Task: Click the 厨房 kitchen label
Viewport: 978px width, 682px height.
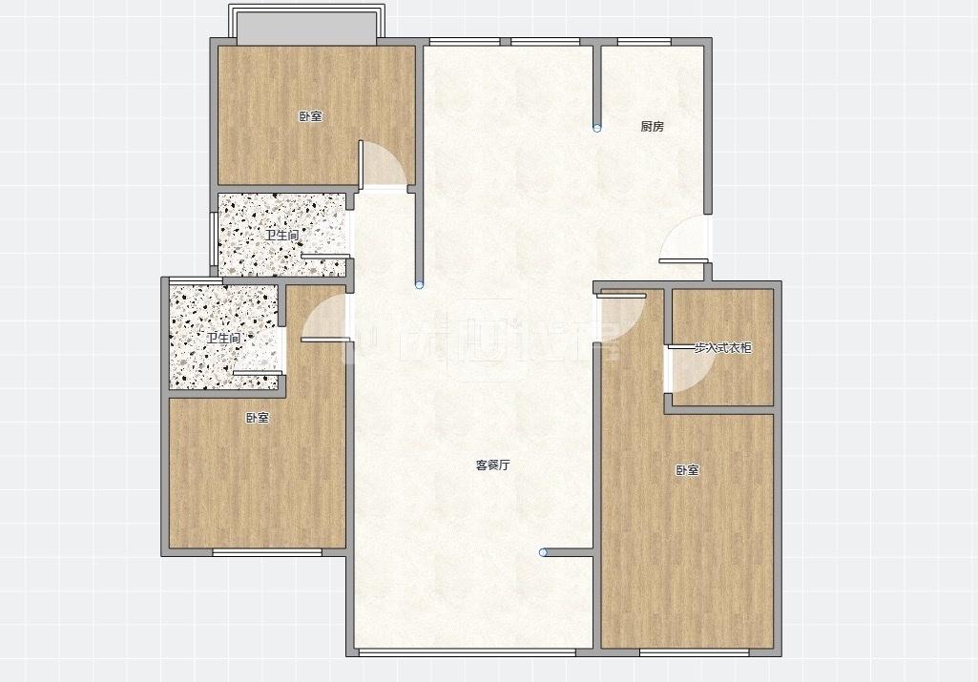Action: [x=652, y=126]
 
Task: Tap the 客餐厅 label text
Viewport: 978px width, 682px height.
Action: [x=493, y=465]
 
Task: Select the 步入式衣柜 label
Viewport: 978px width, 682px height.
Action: [x=722, y=348]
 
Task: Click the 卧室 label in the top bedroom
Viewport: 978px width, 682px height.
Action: [x=310, y=117]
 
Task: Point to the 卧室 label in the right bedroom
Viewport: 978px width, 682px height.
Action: [x=688, y=470]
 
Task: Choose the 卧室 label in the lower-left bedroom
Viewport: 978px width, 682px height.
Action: [x=257, y=418]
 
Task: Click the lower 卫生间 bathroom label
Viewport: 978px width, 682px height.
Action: [x=223, y=339]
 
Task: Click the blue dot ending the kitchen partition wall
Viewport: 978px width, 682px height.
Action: [x=597, y=128]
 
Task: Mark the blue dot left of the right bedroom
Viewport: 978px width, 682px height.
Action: [x=543, y=551]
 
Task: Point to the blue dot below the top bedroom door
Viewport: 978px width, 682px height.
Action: [x=419, y=284]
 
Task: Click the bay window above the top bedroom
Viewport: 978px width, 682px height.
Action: [x=307, y=24]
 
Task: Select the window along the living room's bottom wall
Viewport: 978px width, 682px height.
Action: [x=467, y=652]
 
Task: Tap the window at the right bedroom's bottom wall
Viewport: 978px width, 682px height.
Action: [x=694, y=652]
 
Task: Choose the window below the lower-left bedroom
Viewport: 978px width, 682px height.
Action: [x=266, y=552]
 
